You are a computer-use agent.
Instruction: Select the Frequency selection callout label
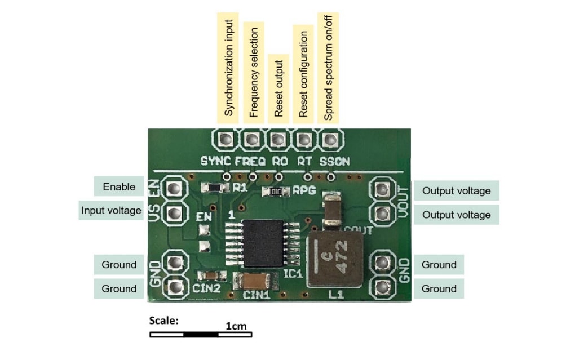(x=253, y=72)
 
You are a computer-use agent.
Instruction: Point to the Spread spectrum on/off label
(x=328, y=68)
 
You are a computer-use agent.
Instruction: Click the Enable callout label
(x=118, y=187)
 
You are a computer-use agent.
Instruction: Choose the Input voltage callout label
(x=110, y=211)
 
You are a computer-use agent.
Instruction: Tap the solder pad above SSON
(x=330, y=139)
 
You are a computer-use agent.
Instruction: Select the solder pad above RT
(x=304, y=139)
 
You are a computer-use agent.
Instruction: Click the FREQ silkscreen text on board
(x=250, y=161)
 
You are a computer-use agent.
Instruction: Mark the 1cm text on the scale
(x=236, y=326)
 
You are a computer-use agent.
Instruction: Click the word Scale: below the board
(x=163, y=321)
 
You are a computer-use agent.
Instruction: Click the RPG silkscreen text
(x=303, y=190)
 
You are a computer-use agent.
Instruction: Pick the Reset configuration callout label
(x=303, y=74)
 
